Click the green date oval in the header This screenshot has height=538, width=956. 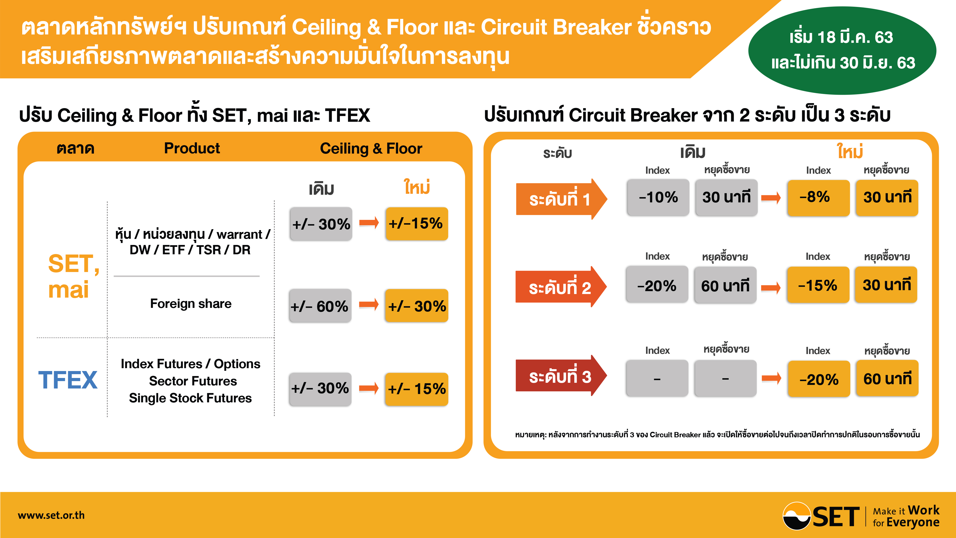842,50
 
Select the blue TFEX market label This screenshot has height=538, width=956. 68,380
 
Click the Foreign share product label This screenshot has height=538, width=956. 191,304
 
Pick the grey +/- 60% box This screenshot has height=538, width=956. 320,306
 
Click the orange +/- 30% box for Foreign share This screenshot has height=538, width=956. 416,306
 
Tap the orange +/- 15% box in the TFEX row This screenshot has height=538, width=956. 416,389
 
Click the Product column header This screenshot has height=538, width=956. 192,148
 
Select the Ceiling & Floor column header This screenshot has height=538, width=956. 371,149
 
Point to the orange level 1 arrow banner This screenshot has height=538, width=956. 561,199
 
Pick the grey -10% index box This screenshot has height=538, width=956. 658,197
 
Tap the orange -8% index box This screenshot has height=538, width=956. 818,197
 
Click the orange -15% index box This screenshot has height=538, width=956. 818,285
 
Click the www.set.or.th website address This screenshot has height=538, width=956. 51,515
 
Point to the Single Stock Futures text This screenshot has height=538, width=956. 190,398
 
